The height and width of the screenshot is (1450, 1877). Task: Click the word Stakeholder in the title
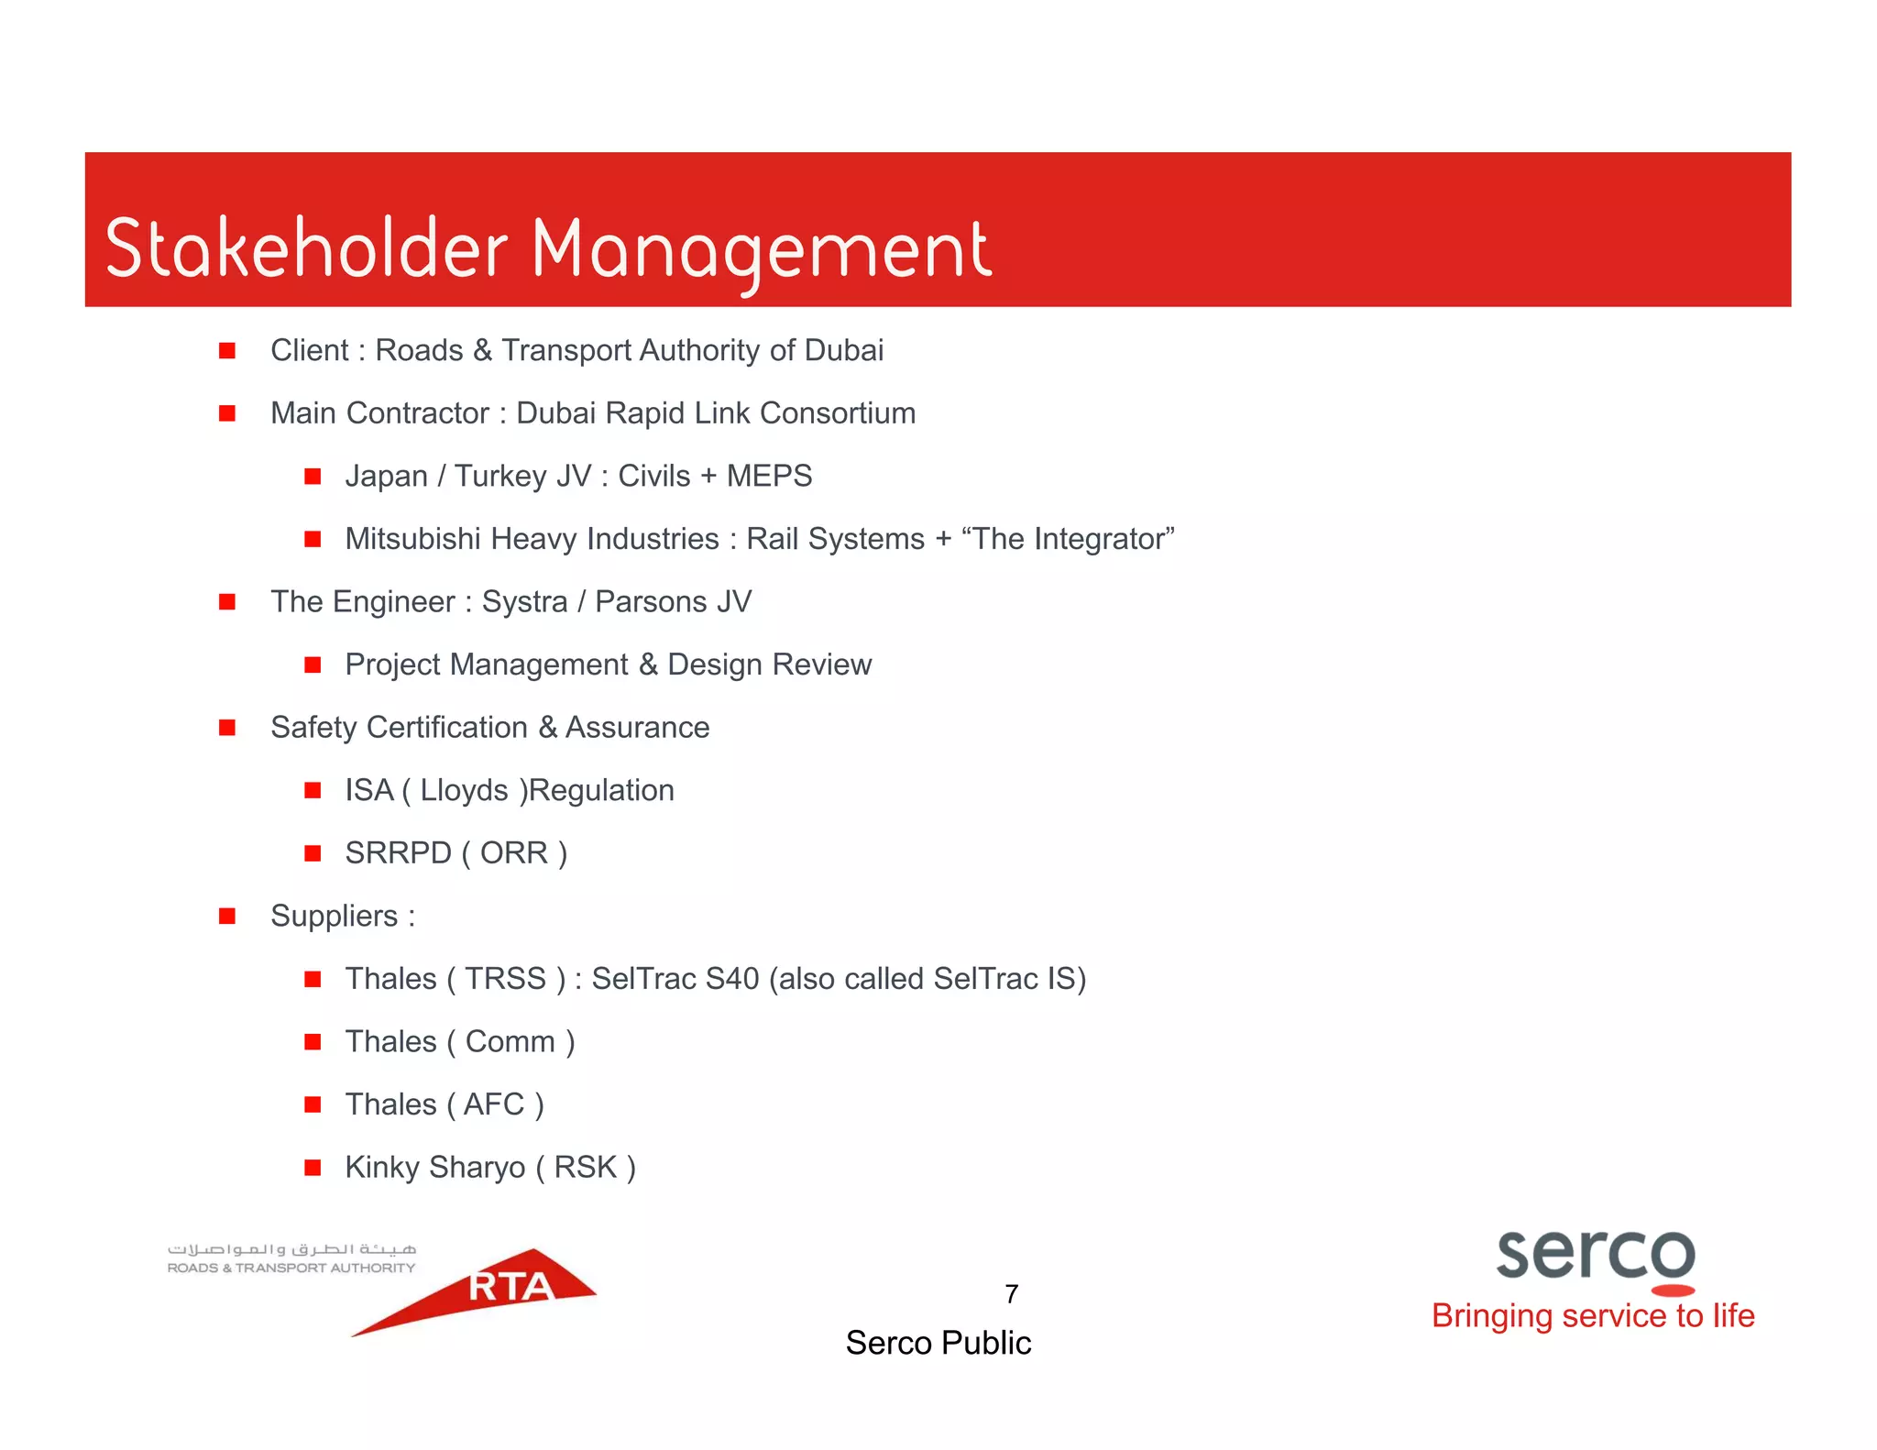point(306,249)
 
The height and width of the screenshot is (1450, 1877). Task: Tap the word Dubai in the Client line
point(843,350)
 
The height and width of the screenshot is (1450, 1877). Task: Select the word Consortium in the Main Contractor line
point(838,413)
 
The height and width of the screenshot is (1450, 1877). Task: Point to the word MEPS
point(769,476)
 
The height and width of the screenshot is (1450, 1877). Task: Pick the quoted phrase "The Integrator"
point(1068,539)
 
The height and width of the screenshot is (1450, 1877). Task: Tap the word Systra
point(524,602)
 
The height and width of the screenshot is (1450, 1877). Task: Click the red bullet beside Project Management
point(313,665)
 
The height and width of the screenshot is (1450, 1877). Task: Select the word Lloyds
point(464,790)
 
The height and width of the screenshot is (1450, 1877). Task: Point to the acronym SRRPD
point(398,853)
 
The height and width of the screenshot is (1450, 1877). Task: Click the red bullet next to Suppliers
point(227,916)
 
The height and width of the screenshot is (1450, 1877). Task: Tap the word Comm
point(510,1042)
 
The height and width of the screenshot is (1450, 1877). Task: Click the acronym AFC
point(494,1104)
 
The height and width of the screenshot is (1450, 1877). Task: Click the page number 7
point(1011,1294)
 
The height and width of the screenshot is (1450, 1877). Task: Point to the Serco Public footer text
point(938,1343)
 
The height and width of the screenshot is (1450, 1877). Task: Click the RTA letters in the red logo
point(510,1287)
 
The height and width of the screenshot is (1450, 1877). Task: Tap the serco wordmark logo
point(1595,1256)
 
